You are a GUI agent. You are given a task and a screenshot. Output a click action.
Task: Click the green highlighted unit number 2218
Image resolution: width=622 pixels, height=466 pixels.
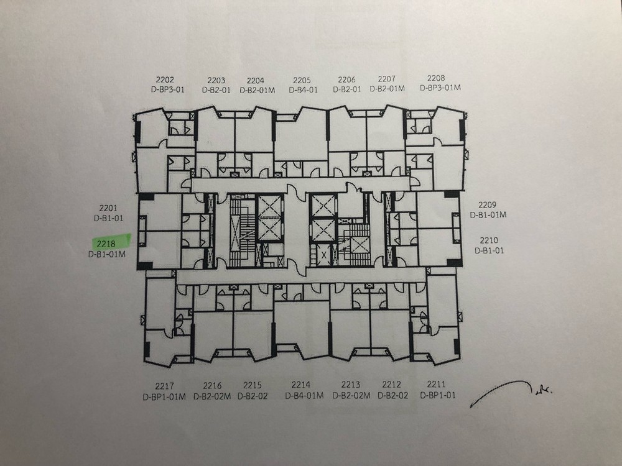coord(106,244)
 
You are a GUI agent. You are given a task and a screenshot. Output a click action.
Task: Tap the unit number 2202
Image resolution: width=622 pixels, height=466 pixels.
coord(165,80)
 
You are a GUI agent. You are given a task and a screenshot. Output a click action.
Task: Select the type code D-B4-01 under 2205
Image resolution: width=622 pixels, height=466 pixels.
coord(303,90)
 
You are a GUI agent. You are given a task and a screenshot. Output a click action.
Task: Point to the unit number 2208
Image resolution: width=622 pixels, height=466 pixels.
coord(436,78)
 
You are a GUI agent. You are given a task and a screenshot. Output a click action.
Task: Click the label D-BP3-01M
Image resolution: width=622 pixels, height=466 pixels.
coord(440,88)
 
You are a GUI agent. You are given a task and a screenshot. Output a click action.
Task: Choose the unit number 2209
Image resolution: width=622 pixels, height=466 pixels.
coord(487,205)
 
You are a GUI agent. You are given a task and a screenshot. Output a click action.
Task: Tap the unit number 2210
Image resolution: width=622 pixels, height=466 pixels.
coord(489,240)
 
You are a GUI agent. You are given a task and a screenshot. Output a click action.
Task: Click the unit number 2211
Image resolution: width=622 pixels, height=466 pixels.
coord(437,384)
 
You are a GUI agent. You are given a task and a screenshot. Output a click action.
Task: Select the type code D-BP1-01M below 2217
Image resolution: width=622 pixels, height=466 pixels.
coord(164,396)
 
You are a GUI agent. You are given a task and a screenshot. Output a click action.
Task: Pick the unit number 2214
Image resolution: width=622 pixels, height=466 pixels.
coord(300,385)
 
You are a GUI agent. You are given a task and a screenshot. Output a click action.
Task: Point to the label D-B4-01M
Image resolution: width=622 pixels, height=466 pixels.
coord(304,395)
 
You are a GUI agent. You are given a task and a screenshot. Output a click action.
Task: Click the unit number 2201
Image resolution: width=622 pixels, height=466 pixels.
coord(108,208)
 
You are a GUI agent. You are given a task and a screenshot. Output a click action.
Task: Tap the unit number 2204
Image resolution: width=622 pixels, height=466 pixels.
coord(256,80)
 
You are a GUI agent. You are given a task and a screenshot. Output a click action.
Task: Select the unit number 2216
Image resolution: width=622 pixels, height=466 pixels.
coord(212,386)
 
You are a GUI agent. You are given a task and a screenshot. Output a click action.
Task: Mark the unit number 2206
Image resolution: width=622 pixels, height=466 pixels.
coord(346,80)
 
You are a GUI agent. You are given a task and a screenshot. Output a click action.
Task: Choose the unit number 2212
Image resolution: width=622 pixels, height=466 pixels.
coord(391,385)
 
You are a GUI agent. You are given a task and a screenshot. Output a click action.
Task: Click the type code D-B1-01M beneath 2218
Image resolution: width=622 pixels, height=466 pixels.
coord(107,254)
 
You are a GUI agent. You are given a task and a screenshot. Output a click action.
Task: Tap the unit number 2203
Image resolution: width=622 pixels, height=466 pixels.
coord(216,80)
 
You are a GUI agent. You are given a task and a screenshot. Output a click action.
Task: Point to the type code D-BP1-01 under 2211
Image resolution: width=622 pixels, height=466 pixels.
coord(438,395)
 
